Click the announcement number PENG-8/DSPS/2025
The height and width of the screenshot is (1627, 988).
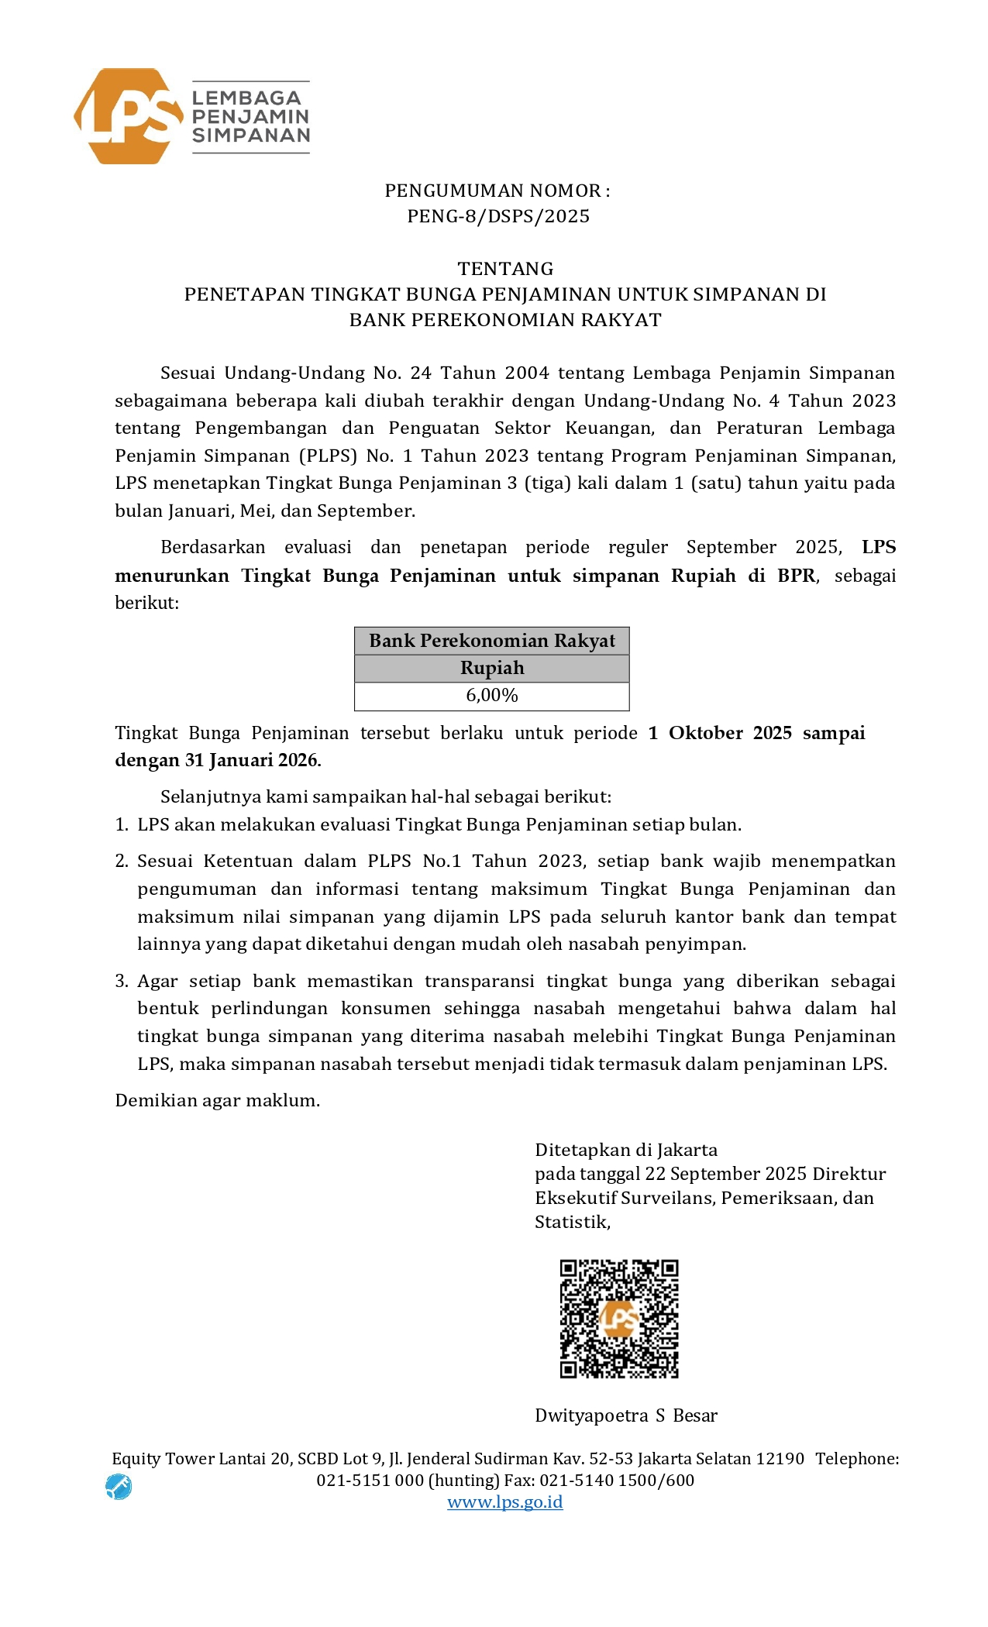pyautogui.click(x=498, y=216)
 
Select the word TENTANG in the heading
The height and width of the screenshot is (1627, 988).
pyautogui.click(x=505, y=269)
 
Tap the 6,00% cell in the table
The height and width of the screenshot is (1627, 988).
pyautogui.click(x=491, y=696)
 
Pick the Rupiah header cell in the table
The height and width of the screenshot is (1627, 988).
pyautogui.click(x=491, y=668)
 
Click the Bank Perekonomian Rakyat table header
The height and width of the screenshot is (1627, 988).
pyautogui.click(x=491, y=641)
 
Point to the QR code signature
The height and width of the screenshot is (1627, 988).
pyautogui.click(x=619, y=1319)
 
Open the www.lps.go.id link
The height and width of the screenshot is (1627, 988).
pyautogui.click(x=504, y=1501)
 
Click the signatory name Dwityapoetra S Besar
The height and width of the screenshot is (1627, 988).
pyautogui.click(x=625, y=1415)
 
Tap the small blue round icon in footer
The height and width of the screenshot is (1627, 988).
pyautogui.click(x=119, y=1487)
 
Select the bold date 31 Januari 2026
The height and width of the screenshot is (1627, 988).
pyautogui.click(x=253, y=760)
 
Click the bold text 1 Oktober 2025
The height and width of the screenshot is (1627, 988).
pyautogui.click(x=720, y=733)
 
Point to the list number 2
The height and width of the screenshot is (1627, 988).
pyautogui.click(x=122, y=862)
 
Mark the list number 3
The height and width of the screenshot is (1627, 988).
pyautogui.click(x=122, y=982)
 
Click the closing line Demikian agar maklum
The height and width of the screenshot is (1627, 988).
pyautogui.click(x=217, y=1100)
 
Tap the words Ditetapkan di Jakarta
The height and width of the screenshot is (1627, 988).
pyautogui.click(x=625, y=1150)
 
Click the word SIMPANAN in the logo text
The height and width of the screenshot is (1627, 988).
pyautogui.click(x=250, y=136)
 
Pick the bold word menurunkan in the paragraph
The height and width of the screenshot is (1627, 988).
pyautogui.click(x=171, y=576)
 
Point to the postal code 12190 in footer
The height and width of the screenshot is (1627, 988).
pyautogui.click(x=780, y=1459)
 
